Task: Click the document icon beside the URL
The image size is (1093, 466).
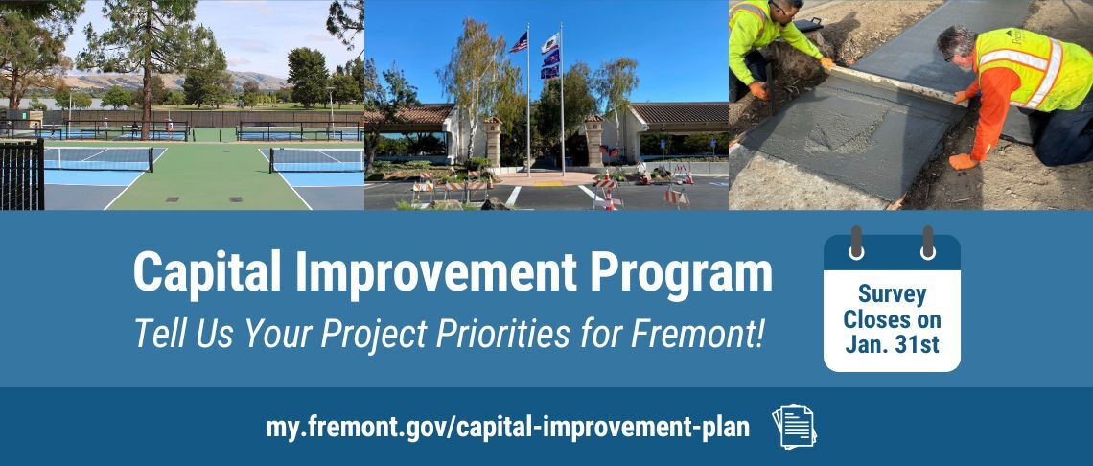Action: click(794, 427)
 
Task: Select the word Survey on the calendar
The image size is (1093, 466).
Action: click(892, 295)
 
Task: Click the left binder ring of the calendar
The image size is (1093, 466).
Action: click(856, 242)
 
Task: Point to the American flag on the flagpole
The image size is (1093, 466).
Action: click(519, 42)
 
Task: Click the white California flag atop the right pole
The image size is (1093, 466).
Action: click(550, 43)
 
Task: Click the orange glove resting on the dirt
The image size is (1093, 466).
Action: click(962, 161)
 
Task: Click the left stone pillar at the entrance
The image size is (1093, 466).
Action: click(493, 141)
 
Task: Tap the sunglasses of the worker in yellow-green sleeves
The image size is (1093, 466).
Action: click(779, 9)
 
